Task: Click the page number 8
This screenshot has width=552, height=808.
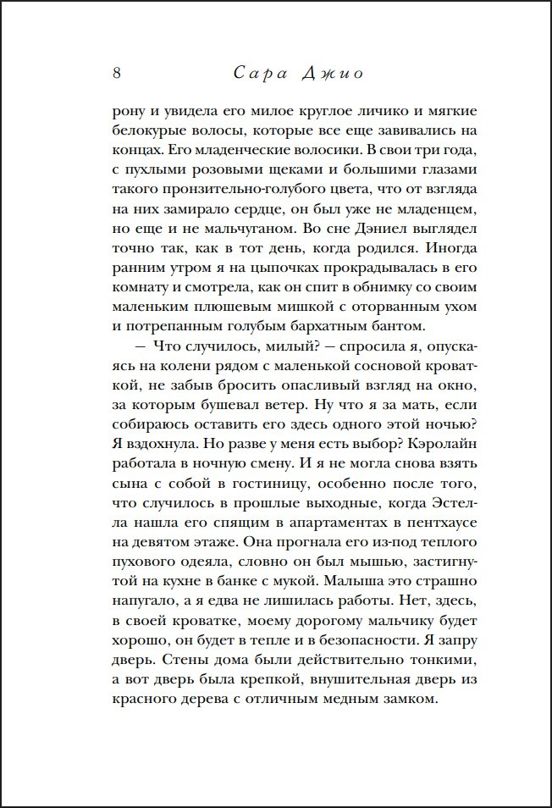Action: pyautogui.click(x=117, y=73)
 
